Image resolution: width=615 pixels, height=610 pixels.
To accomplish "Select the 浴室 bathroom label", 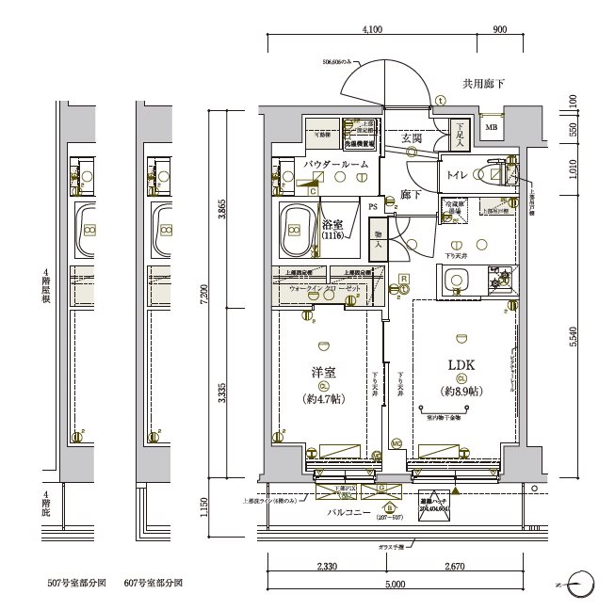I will click(x=331, y=225).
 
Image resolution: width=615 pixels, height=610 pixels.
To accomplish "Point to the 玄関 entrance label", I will click(x=411, y=138).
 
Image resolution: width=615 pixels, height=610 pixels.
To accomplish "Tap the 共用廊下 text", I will click(x=482, y=85).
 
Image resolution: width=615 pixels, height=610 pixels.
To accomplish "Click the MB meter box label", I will click(x=491, y=128).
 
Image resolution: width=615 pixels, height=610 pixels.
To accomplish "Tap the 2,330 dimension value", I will click(x=326, y=568).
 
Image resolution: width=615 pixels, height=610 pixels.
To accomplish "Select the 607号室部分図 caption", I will click(x=154, y=584).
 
